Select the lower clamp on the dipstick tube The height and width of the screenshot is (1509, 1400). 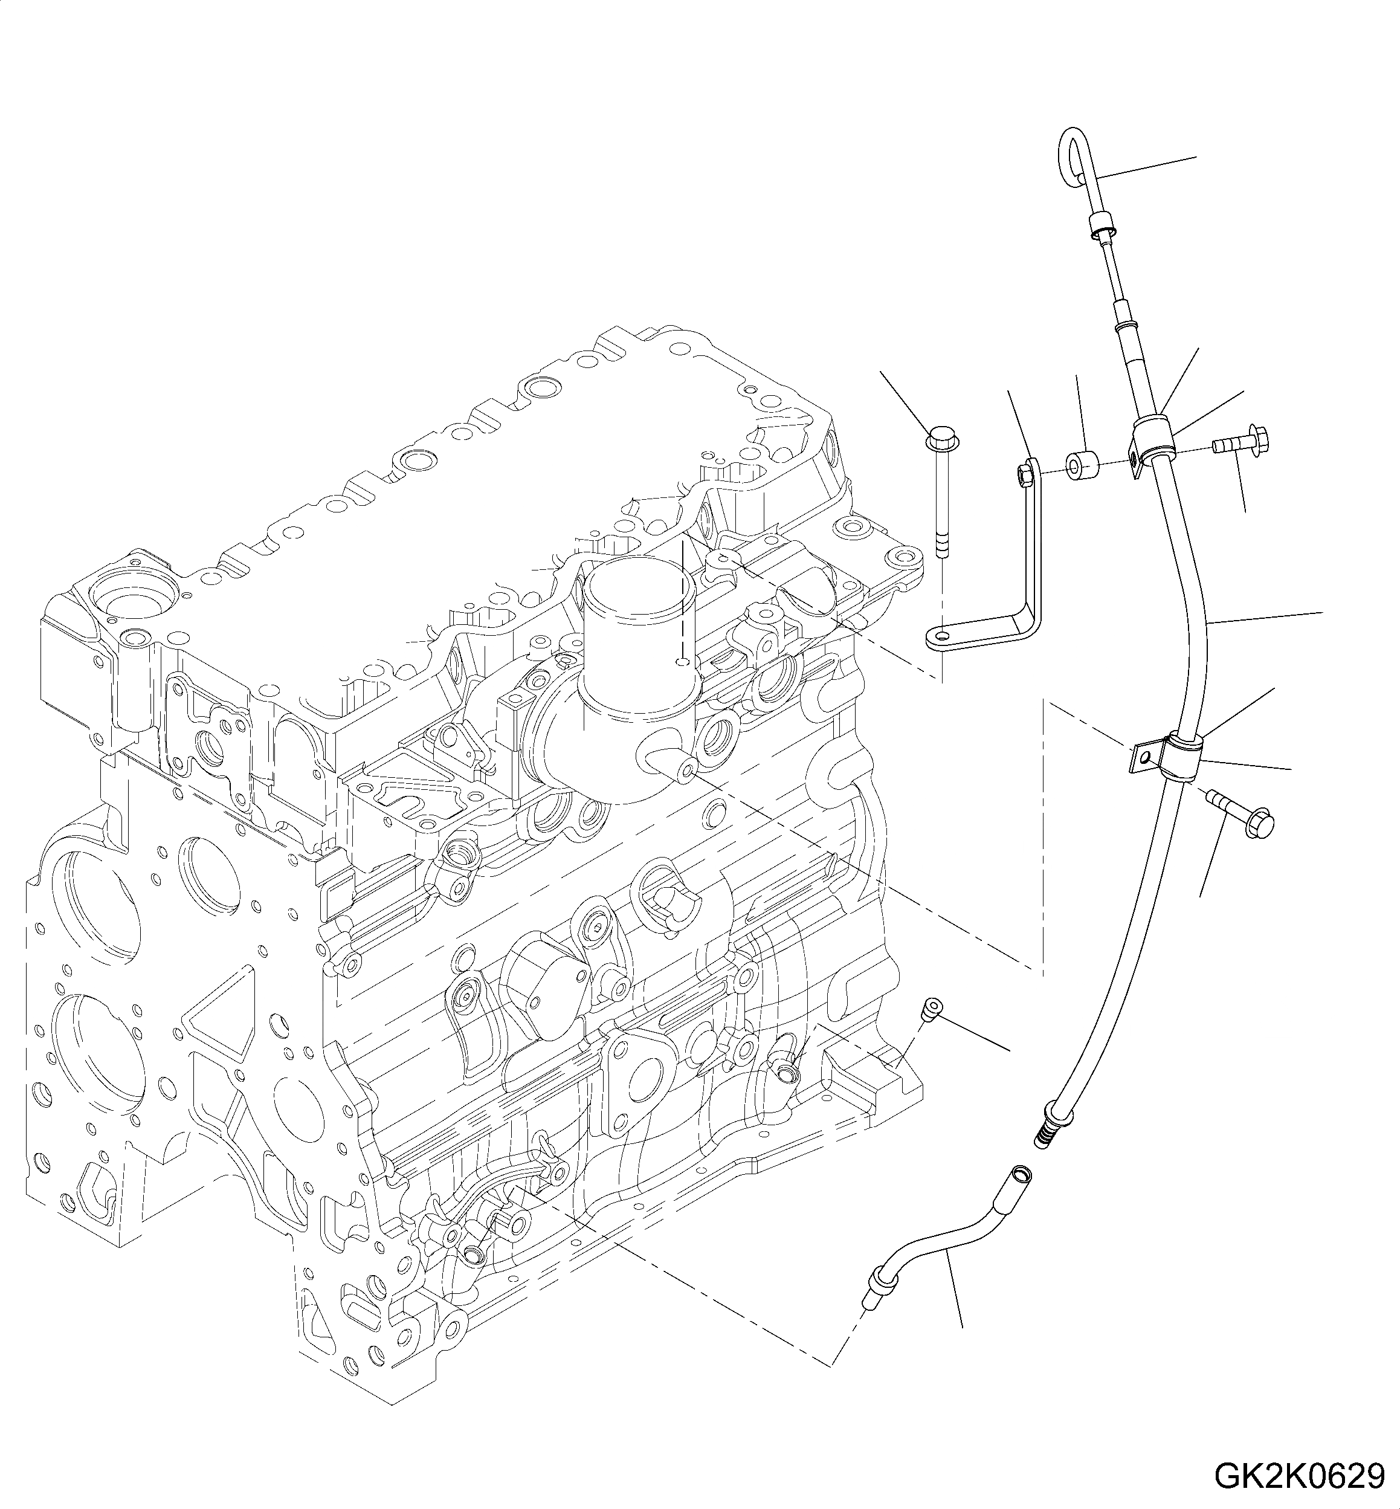pyautogui.click(x=1182, y=754)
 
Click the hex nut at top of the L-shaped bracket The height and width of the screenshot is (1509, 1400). pyautogui.click(x=1023, y=475)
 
